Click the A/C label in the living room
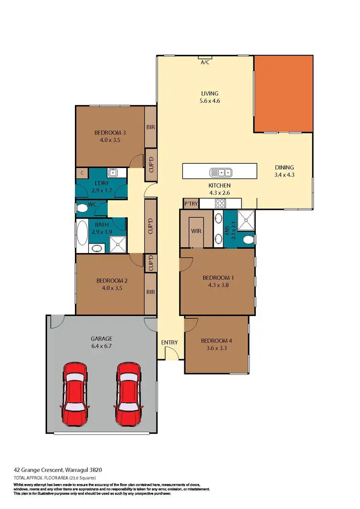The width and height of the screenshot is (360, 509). pos(204,62)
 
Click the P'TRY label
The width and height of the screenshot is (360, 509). pos(191,204)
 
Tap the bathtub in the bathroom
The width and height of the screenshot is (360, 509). pos(82,235)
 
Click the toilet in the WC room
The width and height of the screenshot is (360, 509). pos(83,208)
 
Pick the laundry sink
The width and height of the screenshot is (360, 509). pos(114,173)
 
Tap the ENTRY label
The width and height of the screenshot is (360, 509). pos(169,342)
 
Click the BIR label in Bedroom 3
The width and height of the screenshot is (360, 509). pos(150,128)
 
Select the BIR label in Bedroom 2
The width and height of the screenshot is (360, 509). pos(150,291)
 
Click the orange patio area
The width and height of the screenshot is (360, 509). pos(285,93)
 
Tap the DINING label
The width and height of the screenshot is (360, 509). pos(284,167)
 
